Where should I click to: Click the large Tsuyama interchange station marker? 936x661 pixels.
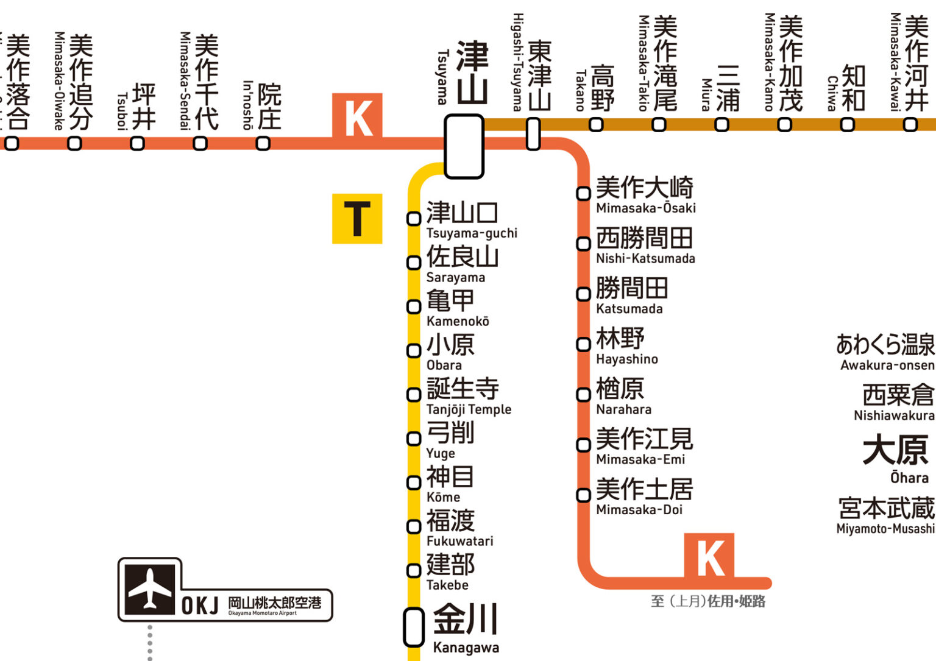tap(464, 146)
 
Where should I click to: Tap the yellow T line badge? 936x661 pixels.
tap(357, 219)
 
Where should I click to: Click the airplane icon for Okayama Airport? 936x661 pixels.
tap(150, 589)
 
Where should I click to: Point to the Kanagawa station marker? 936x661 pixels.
tap(414, 627)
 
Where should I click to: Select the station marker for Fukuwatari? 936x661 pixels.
tap(414, 526)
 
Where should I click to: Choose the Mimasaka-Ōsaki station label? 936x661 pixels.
tap(645, 195)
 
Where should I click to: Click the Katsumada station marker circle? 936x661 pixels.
tap(583, 294)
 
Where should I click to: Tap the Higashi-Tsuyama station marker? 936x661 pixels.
tap(533, 134)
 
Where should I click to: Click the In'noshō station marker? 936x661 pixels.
tap(263, 144)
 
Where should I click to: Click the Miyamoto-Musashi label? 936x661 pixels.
tap(886, 516)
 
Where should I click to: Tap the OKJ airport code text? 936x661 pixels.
tap(200, 606)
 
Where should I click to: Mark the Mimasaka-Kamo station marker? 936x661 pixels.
tap(784, 125)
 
